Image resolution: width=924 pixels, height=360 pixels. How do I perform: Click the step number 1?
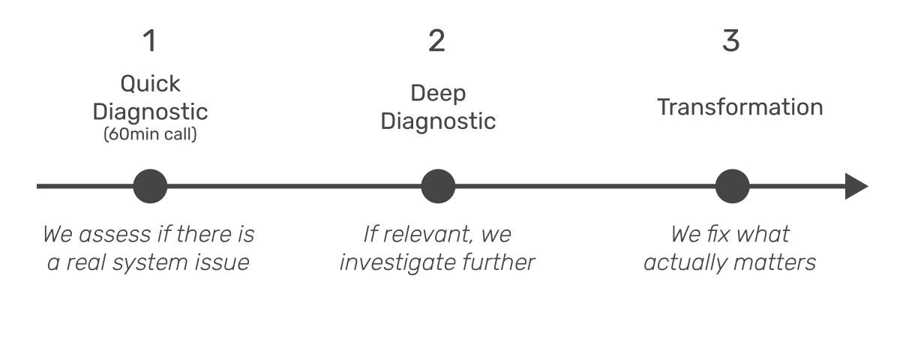[x=150, y=41]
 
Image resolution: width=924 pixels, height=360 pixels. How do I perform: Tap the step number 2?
[x=436, y=41]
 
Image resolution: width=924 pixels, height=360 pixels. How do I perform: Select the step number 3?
[x=731, y=41]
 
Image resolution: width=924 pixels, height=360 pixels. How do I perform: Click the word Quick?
[x=150, y=84]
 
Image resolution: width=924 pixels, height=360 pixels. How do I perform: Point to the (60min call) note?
[x=150, y=136]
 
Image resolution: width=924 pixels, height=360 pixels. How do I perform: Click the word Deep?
[x=438, y=94]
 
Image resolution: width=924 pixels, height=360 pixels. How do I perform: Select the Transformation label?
[x=740, y=107]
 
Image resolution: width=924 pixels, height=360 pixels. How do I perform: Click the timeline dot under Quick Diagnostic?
[x=150, y=186]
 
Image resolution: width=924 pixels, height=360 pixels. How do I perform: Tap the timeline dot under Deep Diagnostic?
[x=438, y=186]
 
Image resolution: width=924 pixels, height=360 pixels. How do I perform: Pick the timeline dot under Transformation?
[x=732, y=186]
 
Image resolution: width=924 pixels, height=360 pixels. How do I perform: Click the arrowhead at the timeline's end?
[x=856, y=186]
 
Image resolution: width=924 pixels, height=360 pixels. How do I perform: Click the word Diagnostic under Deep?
[x=438, y=121]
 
